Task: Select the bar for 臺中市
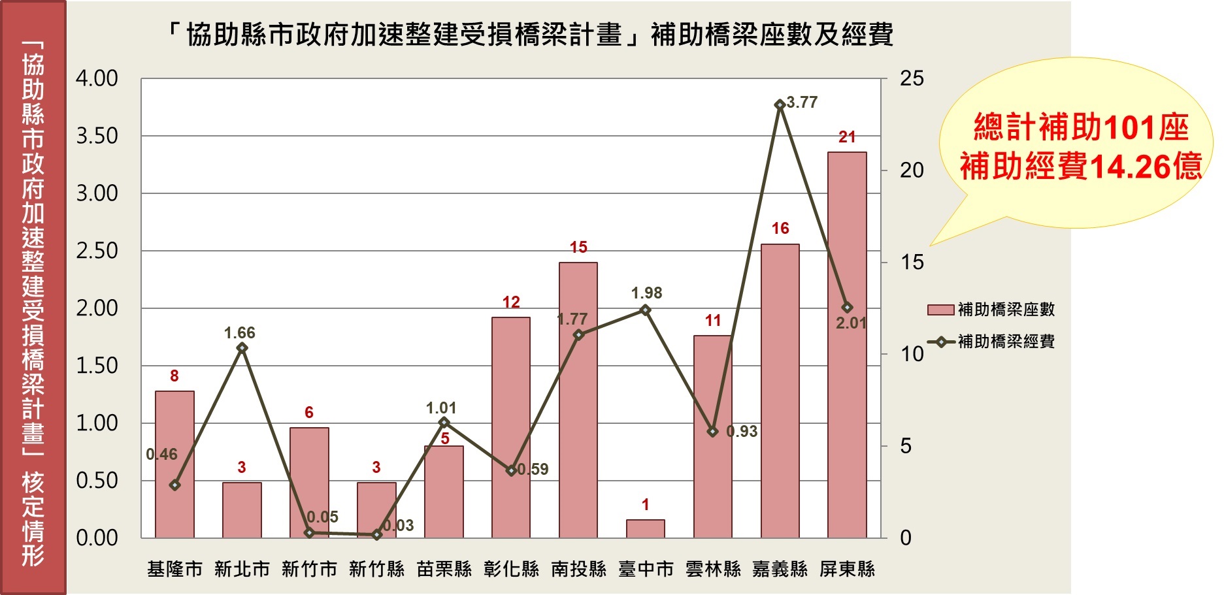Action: point(645,529)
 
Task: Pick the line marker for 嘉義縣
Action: point(780,105)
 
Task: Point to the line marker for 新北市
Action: point(242,348)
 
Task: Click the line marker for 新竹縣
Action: point(376,535)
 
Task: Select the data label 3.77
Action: point(802,103)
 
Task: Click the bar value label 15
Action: point(578,248)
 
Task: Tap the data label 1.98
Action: point(646,293)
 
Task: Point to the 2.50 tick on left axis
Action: point(97,251)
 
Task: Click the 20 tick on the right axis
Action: point(912,171)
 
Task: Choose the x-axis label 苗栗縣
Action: point(444,570)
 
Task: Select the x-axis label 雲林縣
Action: point(713,570)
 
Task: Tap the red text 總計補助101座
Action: point(1081,127)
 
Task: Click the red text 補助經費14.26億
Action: point(1081,167)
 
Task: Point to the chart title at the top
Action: point(531,35)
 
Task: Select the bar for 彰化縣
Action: point(511,428)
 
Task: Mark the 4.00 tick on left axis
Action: point(97,79)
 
